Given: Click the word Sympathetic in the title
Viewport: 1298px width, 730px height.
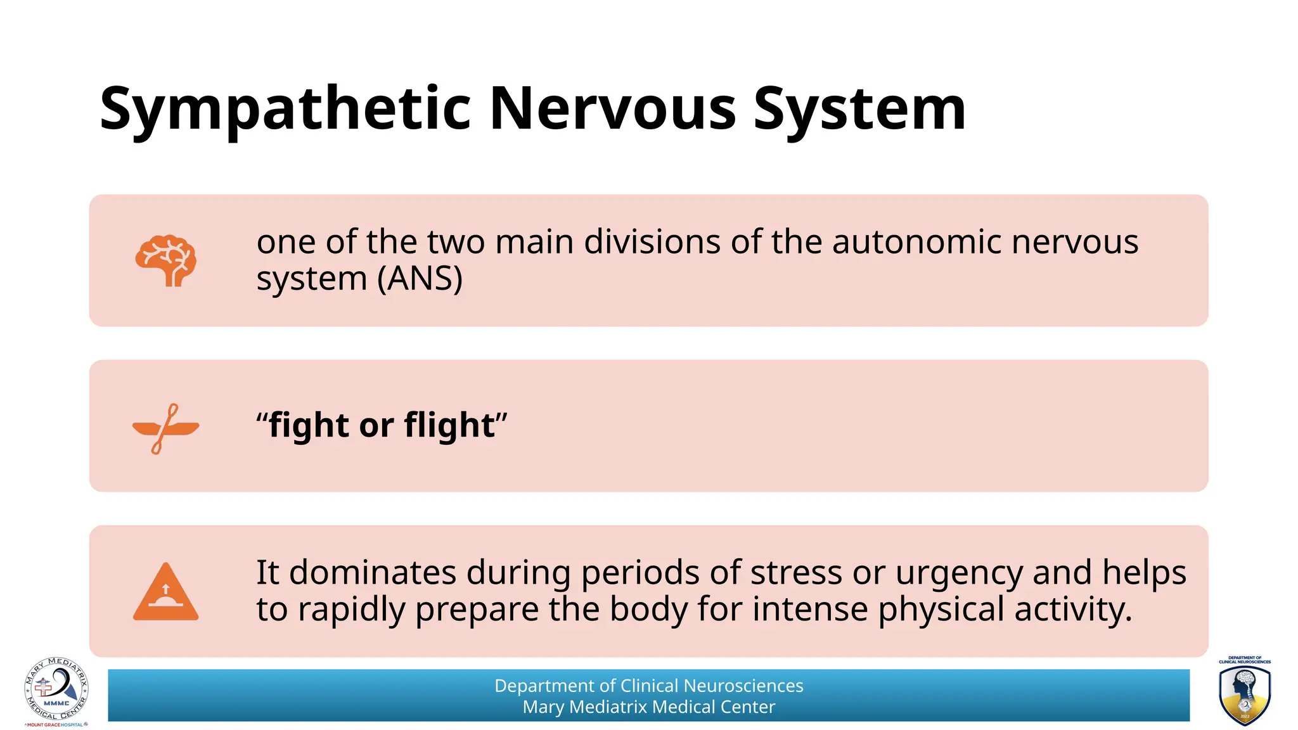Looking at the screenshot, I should click(x=285, y=109).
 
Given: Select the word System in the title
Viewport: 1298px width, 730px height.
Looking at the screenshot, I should click(x=859, y=109).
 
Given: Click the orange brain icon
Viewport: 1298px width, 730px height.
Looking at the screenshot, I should click(x=166, y=261).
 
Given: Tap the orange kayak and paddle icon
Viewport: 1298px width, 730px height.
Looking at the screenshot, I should click(x=165, y=428).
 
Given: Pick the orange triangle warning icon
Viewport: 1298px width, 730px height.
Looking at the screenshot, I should click(x=165, y=592).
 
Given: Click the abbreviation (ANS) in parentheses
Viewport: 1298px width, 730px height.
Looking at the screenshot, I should click(x=420, y=278).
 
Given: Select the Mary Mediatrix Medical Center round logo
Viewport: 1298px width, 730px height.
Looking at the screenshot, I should click(x=56, y=691).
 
